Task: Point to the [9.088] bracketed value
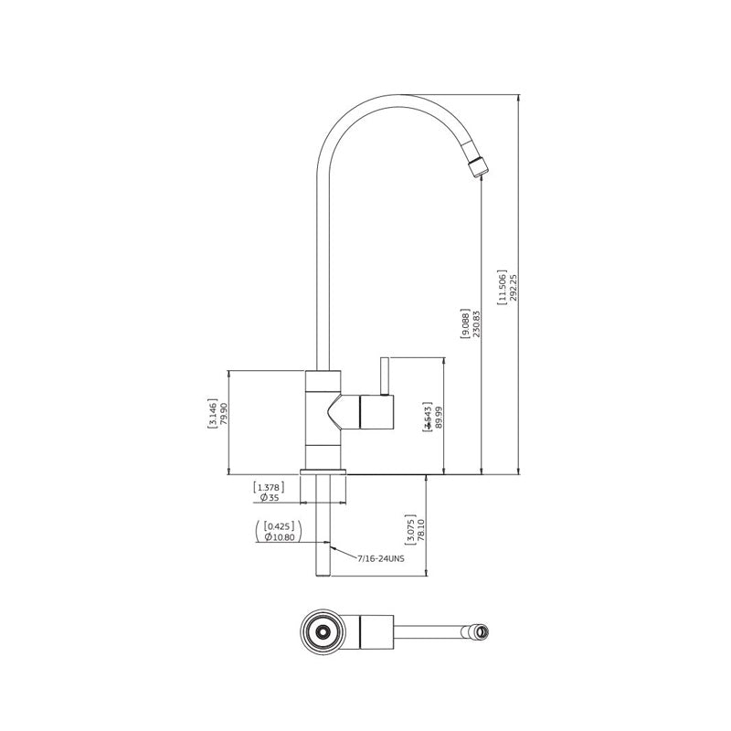465,323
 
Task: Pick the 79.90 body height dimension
224,413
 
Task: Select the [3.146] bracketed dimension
212,413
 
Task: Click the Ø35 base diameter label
269,498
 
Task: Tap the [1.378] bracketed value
267,487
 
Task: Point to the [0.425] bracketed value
277,526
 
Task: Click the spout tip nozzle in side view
478,166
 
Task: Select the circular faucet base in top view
322,630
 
